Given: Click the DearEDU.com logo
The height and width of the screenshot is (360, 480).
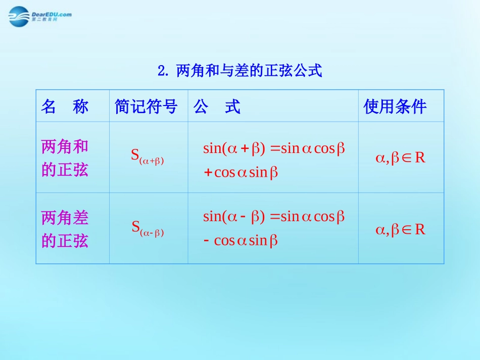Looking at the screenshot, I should [x=39, y=17].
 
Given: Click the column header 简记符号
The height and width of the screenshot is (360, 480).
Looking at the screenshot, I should [x=146, y=107].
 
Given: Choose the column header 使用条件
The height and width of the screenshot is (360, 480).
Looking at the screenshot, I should [x=395, y=107].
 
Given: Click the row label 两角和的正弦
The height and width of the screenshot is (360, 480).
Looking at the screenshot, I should [x=65, y=158].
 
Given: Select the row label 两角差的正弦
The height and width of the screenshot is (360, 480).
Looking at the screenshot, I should [x=65, y=229].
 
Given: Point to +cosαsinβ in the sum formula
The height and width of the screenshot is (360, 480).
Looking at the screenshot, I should [x=241, y=173].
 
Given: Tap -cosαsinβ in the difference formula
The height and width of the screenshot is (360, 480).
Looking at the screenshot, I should [x=241, y=241].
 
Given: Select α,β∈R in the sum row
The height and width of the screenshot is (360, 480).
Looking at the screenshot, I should [x=400, y=158].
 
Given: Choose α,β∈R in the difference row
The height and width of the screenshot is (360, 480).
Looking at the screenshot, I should [x=400, y=230].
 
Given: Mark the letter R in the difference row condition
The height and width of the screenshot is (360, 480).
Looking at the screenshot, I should [x=420, y=230].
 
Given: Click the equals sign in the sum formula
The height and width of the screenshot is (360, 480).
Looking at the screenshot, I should [x=275, y=149].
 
